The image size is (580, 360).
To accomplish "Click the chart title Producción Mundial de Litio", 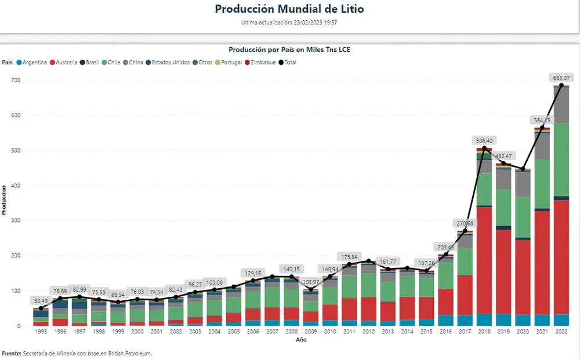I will [289, 9].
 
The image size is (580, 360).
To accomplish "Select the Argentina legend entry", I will [35, 62].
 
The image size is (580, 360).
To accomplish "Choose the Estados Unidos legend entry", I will [167, 62].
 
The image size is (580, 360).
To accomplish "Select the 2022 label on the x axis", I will [561, 333].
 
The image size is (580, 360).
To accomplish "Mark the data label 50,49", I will [41, 300].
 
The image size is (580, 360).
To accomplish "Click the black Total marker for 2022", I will [561, 85].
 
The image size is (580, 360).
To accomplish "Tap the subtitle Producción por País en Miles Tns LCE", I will [289, 50].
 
